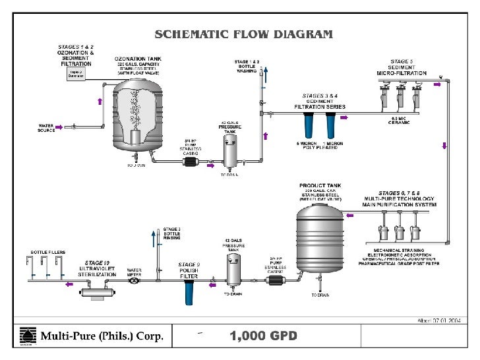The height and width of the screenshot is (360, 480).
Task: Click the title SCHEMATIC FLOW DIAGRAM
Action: pos(243,34)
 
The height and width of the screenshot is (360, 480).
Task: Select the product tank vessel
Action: pos(320,241)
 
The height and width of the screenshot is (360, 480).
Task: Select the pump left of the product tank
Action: pos(274,281)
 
